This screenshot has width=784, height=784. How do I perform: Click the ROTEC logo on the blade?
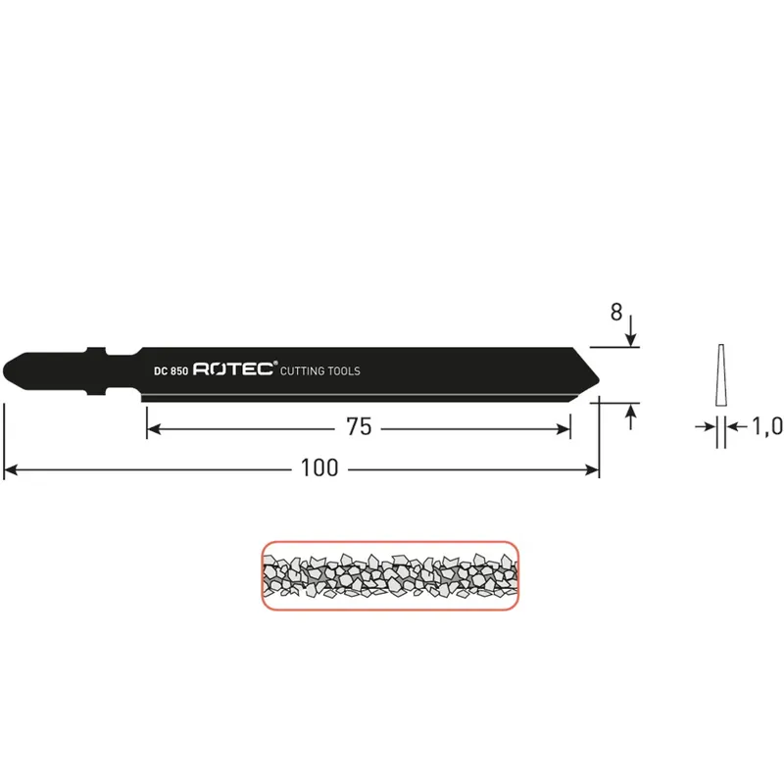coord(233,369)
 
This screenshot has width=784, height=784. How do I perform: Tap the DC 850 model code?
coord(171,371)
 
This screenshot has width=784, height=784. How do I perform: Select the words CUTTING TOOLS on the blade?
coord(320,371)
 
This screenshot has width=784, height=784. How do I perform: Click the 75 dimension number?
coord(359,427)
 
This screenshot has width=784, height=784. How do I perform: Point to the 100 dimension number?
coord(319,468)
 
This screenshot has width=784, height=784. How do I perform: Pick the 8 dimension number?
coord(616,313)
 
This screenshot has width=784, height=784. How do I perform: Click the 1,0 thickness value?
coord(767,426)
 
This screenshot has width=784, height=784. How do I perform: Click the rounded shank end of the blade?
coord(6,371)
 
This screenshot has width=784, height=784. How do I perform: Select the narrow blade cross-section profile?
coord(720,374)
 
